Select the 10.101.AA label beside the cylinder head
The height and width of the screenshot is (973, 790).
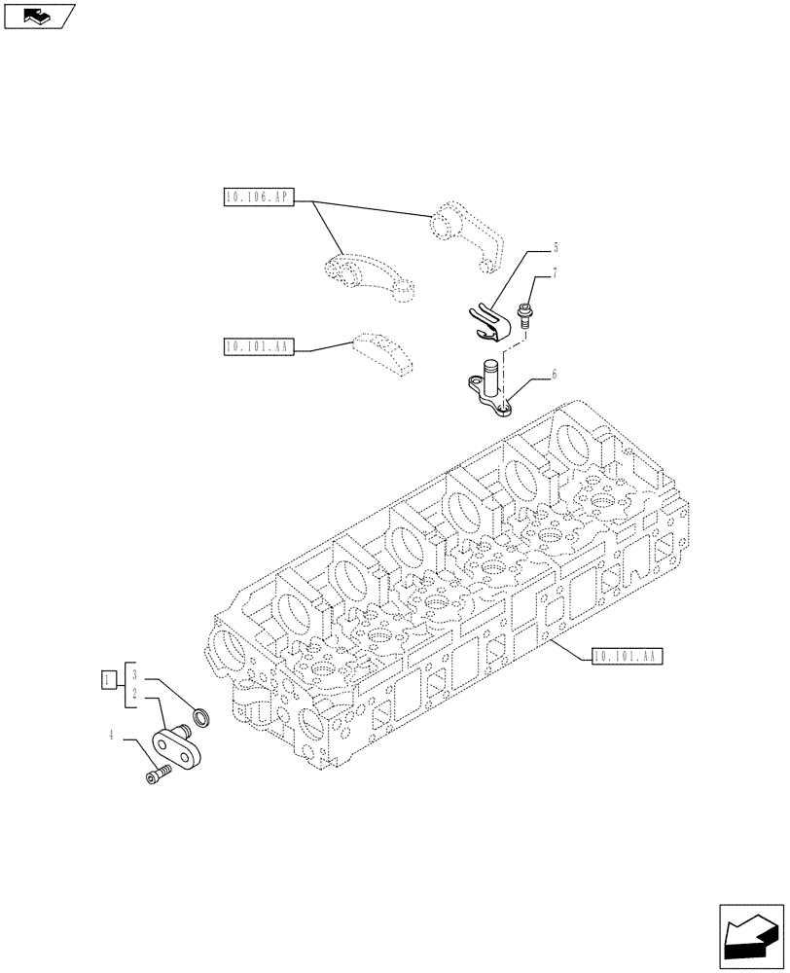click(626, 657)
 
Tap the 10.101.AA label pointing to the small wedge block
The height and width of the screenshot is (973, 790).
click(257, 346)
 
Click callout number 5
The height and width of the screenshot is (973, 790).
click(556, 247)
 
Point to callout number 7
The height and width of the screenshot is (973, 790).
click(555, 275)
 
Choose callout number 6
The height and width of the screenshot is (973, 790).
click(554, 373)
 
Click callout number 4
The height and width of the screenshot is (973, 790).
click(113, 737)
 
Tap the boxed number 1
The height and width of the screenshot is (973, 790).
click(108, 679)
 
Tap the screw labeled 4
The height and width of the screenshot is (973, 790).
click(156, 774)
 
